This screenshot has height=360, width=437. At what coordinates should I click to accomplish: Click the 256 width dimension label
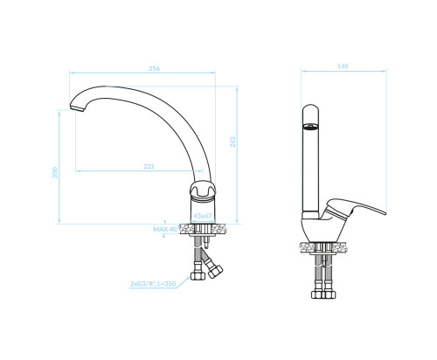pyautogui.click(x=154, y=68)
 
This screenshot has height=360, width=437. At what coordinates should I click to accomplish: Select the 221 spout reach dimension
pyautogui.click(x=149, y=167)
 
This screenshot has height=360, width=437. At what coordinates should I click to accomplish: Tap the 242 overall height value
pyautogui.click(x=232, y=142)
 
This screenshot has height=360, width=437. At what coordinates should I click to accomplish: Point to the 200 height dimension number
pyautogui.click(x=55, y=172)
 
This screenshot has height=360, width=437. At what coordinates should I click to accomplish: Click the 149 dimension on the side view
pyautogui.click(x=343, y=66)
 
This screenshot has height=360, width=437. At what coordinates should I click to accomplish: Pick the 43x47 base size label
pyautogui.click(x=203, y=216)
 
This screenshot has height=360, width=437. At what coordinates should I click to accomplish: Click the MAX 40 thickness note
pyautogui.click(x=165, y=229)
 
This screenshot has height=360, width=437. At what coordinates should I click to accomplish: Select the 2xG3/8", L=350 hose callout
pyautogui.click(x=153, y=284)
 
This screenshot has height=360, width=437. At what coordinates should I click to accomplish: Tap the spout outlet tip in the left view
pyautogui.click(x=77, y=108)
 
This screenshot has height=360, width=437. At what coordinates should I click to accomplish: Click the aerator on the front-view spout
pyautogui.click(x=310, y=127)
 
